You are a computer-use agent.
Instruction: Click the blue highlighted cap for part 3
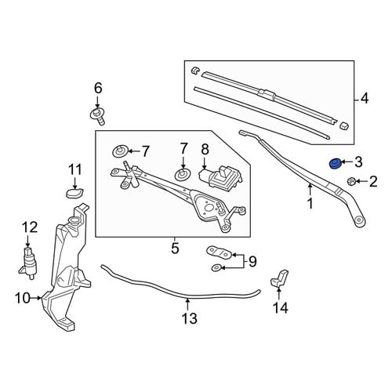coord(334,164)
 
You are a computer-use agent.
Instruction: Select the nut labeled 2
coord(350,181)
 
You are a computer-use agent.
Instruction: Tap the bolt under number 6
coord(97,117)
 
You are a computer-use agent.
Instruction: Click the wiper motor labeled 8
coord(221,176)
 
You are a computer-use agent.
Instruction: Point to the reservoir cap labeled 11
coord(74,193)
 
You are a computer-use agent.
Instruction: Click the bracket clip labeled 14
coord(279,278)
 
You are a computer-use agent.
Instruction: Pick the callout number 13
coord(190,318)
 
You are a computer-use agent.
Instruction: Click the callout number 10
coord(23,298)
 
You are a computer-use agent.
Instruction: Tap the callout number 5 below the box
coord(175,249)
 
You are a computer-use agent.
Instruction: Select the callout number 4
coord(365,99)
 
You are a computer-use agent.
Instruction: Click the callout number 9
coord(252,261)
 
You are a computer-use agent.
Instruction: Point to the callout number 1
coord(310,203)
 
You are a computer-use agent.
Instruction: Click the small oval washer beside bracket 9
coord(216,267)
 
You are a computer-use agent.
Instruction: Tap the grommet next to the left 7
coord(120,151)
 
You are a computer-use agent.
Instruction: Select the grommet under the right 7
coord(183,174)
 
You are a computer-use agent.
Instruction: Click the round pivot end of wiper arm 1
coord(360,221)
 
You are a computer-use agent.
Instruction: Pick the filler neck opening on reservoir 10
coord(74,220)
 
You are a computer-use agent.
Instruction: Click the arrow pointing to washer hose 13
coord(187,304)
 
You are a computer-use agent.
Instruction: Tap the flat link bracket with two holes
coord(219,252)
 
